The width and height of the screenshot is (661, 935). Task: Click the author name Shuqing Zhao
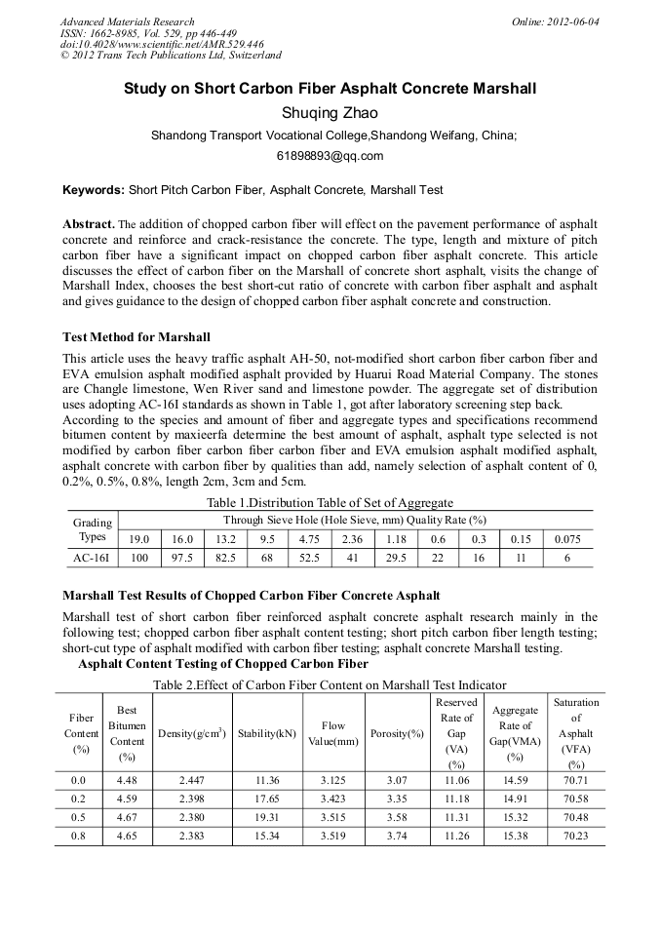point(330,113)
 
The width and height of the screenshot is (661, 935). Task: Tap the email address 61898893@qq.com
point(330,156)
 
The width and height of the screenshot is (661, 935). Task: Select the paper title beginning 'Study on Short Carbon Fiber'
point(330,89)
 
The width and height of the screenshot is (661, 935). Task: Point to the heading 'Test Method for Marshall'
point(136,337)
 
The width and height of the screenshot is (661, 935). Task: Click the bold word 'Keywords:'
point(94,190)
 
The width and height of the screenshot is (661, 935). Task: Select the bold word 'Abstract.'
point(89,224)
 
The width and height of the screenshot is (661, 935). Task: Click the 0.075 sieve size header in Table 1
point(568,538)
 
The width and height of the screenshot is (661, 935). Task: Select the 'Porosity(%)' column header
point(397,733)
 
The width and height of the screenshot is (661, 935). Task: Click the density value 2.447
point(191,781)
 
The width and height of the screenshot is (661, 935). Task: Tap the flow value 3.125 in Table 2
point(333,781)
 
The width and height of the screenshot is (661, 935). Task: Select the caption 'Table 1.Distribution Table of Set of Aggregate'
point(330,503)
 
